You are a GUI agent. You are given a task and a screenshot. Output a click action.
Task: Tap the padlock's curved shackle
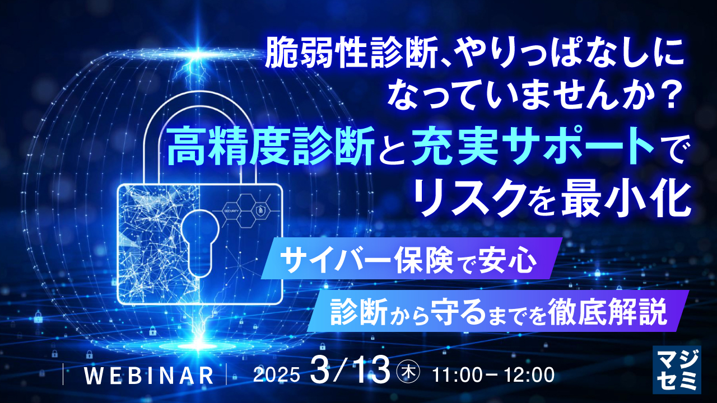pyautogui.click(x=198, y=112)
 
